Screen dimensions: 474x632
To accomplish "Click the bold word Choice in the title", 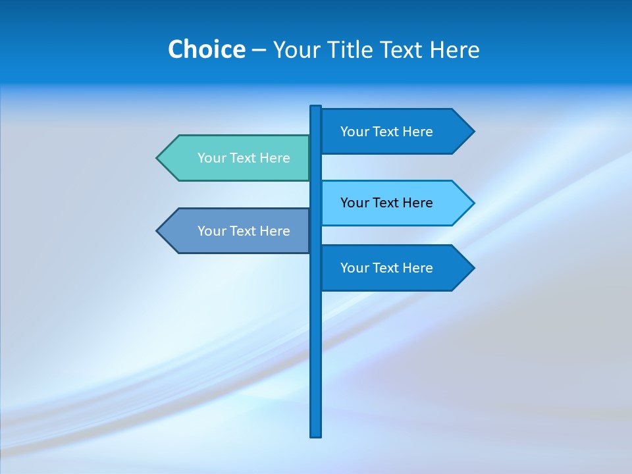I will [x=206, y=49].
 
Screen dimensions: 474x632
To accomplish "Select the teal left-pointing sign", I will [x=237, y=158].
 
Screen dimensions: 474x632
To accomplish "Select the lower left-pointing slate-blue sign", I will [x=237, y=231].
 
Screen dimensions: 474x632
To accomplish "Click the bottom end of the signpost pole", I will [x=316, y=434].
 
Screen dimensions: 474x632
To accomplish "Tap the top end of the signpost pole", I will [x=316, y=107].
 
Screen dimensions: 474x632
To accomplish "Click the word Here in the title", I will [x=455, y=49].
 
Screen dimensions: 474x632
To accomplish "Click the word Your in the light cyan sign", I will [x=354, y=203].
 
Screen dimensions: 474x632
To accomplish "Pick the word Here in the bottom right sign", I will [x=418, y=268].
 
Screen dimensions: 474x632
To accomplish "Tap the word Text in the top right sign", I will [x=386, y=132].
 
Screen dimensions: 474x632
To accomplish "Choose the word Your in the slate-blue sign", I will [x=211, y=231].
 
